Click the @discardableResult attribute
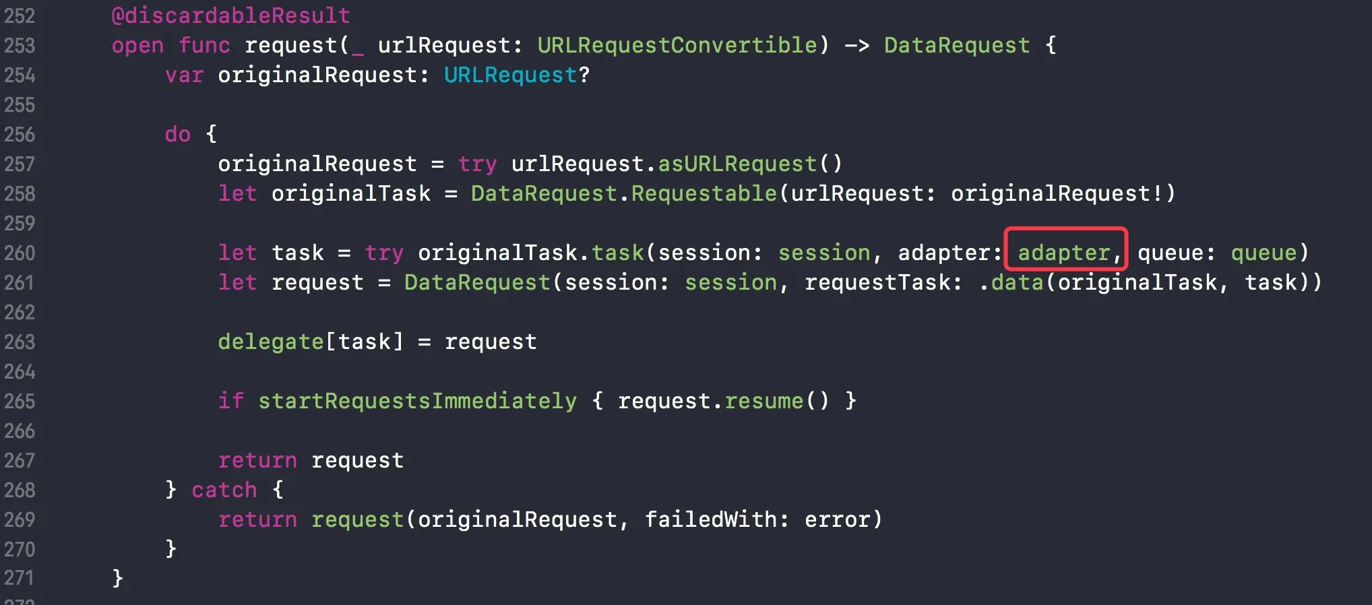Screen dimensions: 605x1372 [x=230, y=15]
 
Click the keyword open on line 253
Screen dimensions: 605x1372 [x=137, y=45]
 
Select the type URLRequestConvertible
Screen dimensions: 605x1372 [x=677, y=45]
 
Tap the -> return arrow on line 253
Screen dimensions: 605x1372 [x=856, y=45]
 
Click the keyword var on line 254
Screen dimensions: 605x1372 [x=184, y=75]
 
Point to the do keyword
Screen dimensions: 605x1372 [x=178, y=134]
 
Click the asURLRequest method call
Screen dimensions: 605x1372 [x=737, y=164]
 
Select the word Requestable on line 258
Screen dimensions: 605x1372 [x=704, y=193]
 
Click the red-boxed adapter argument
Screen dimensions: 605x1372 [x=1064, y=253]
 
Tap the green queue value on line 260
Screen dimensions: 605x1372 [x=1264, y=253]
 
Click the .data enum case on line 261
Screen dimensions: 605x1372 [x=1011, y=282]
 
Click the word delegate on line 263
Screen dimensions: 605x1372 [x=271, y=342]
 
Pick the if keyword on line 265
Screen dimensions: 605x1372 [x=230, y=401]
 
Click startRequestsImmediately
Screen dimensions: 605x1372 [x=417, y=401]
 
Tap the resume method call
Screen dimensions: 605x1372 [x=763, y=401]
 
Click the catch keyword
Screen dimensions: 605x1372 [x=224, y=490]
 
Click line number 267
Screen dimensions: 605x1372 [x=20, y=460]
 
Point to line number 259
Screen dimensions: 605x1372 [x=20, y=223]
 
